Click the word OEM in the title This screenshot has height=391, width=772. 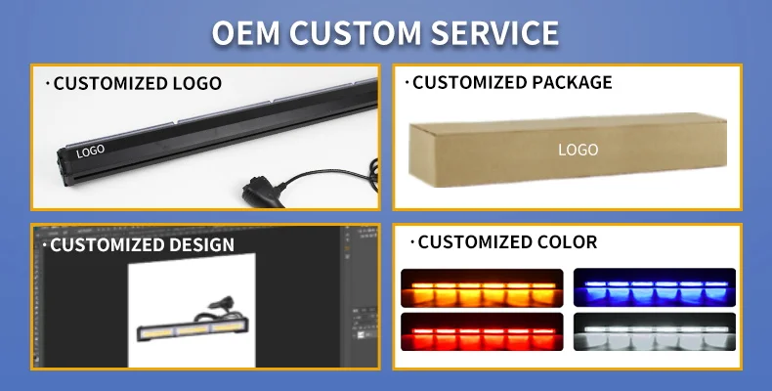[x=245, y=33]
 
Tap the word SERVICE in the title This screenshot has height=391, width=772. [x=494, y=33]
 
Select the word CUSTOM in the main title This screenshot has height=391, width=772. [x=355, y=33]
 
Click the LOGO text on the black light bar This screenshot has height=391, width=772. [x=90, y=152]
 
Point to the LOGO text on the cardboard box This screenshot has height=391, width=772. [x=578, y=150]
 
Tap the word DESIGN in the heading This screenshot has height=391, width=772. [x=200, y=244]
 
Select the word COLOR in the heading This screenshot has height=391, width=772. [x=565, y=241]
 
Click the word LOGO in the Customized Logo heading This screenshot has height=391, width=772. [x=197, y=83]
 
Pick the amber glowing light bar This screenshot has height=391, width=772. [x=482, y=288]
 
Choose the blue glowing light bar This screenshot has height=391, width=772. [x=655, y=287]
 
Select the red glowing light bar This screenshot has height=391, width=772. [x=482, y=332]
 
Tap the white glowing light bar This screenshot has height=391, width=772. [x=655, y=332]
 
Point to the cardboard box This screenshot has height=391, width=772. [x=568, y=150]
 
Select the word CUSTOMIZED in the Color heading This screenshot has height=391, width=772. [x=474, y=241]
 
